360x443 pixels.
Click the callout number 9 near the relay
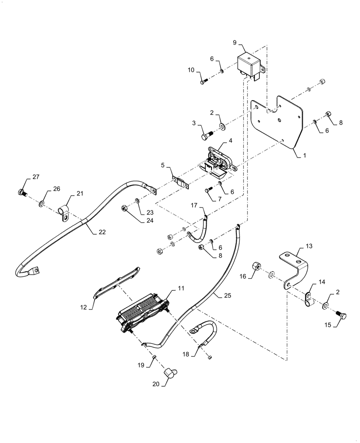click(235, 43)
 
